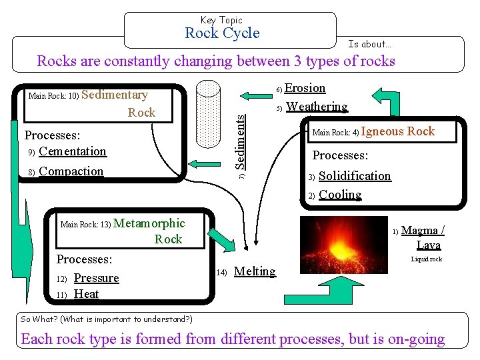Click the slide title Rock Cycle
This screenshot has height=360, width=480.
(x=222, y=33)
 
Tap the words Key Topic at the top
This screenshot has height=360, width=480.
(x=222, y=20)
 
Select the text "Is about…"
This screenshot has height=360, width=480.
(x=370, y=44)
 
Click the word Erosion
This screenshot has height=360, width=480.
(x=305, y=88)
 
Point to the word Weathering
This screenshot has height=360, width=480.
(x=317, y=107)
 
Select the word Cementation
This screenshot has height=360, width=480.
(x=73, y=151)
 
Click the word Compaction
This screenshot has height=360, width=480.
(x=71, y=171)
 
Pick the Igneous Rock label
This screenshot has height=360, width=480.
(x=398, y=131)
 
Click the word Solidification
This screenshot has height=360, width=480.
(x=355, y=176)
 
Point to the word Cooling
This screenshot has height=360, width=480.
(x=340, y=195)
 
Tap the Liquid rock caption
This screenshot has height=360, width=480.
(x=426, y=259)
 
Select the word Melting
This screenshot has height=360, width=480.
(x=255, y=271)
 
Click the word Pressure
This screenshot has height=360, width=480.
(x=96, y=278)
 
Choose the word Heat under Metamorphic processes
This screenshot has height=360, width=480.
(x=86, y=294)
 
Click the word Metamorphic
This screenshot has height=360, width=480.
(x=149, y=223)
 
